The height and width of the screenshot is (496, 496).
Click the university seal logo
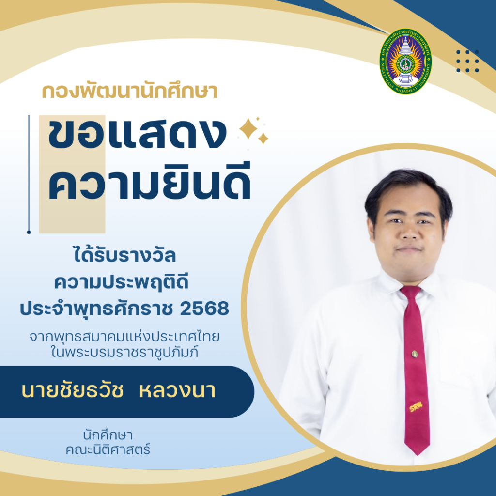click(405, 62)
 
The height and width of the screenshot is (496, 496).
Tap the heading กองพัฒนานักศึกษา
click(130, 91)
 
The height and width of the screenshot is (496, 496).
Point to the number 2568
click(204, 309)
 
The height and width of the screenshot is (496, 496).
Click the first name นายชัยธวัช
click(72, 391)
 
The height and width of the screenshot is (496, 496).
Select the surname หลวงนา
click(177, 391)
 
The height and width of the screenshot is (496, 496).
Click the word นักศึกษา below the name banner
click(108, 435)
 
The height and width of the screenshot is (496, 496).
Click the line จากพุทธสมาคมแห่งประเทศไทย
click(124, 337)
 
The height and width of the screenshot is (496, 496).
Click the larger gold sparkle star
click(248, 128)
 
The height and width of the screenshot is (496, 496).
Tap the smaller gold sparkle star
click(263, 139)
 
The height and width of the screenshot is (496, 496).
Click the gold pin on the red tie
click(415, 353)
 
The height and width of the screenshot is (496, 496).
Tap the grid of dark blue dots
click(467, 62)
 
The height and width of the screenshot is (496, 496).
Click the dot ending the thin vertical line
click(29, 232)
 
